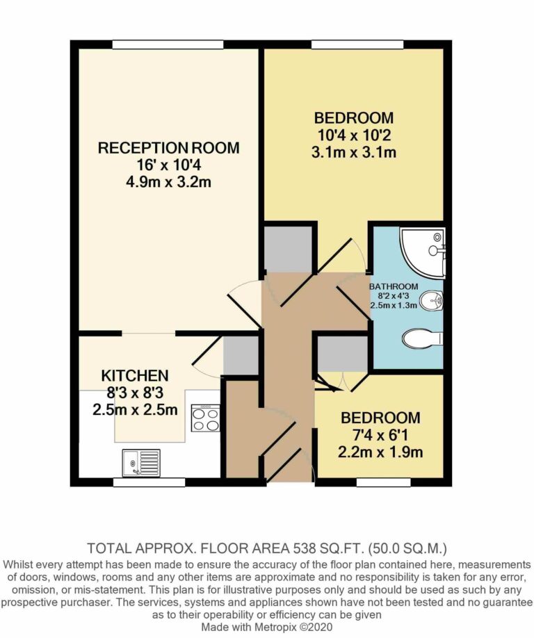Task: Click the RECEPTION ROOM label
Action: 168,148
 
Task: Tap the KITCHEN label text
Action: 135,375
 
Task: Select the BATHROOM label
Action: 394,286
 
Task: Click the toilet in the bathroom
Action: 421,338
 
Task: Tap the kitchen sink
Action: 140,462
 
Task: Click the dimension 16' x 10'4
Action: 168,165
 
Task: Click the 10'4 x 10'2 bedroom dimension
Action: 353,136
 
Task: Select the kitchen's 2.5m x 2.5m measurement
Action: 135,409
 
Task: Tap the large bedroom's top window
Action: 357,44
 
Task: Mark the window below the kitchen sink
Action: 143,482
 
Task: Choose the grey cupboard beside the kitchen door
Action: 241,354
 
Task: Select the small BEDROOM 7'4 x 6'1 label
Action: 380,418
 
